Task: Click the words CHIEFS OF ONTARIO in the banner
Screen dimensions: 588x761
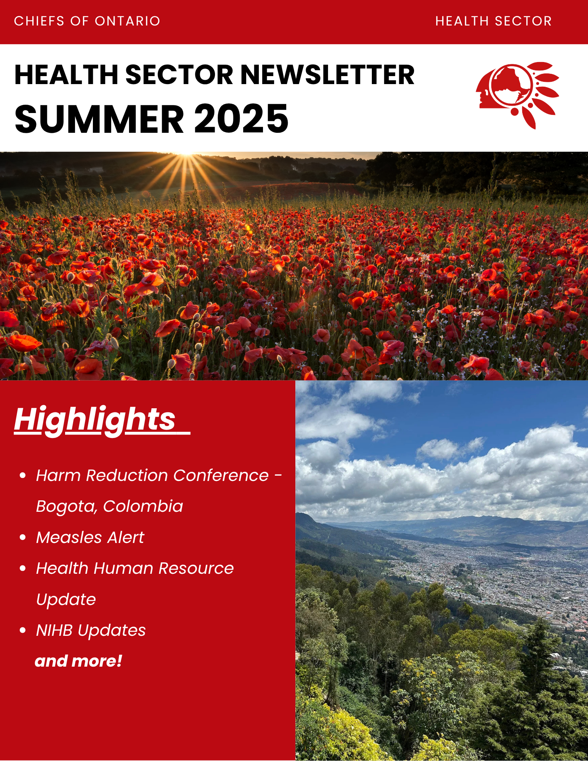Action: (x=87, y=21)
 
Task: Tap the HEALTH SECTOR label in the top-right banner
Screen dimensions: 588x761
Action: (x=494, y=21)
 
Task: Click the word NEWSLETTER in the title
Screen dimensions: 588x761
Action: (x=328, y=75)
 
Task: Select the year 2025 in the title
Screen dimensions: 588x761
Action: (x=241, y=119)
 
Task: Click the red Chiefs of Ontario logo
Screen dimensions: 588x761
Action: (x=517, y=95)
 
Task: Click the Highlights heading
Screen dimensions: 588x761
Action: (x=95, y=420)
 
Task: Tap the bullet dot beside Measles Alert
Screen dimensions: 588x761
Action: (x=23, y=537)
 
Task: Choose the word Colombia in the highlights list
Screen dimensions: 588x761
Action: (x=143, y=506)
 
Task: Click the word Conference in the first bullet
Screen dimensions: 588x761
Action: (x=221, y=475)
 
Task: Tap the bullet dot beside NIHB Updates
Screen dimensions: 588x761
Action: (x=23, y=630)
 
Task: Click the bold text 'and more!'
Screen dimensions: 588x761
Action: (x=78, y=661)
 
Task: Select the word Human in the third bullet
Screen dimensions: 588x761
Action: (x=124, y=568)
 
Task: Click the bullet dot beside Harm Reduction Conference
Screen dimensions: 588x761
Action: (x=23, y=475)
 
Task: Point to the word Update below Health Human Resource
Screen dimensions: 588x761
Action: (x=66, y=600)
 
